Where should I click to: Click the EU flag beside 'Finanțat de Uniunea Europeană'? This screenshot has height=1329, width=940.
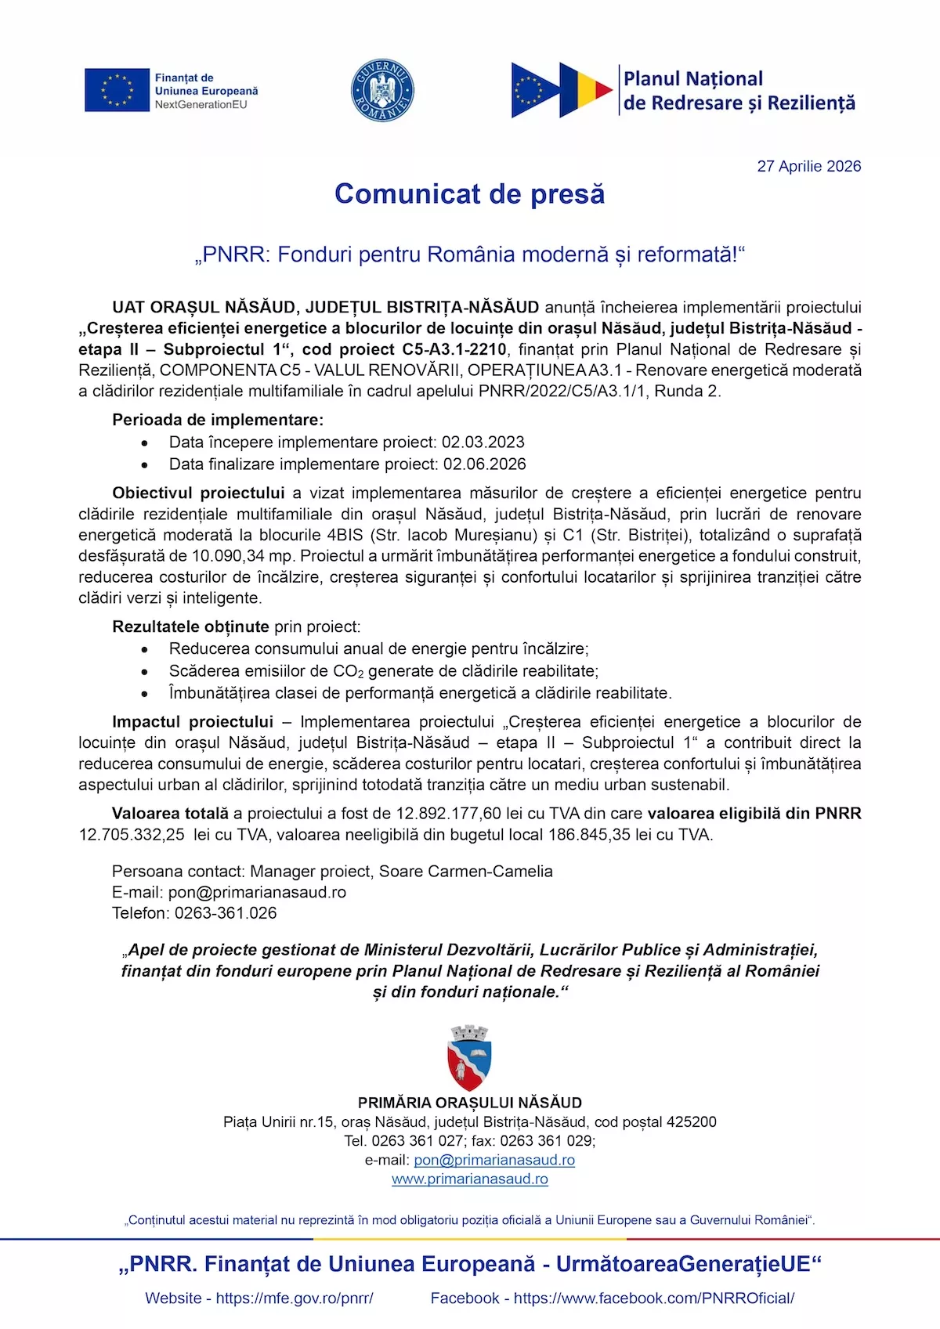pyautogui.click(x=117, y=90)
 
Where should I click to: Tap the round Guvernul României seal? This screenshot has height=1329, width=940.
pyautogui.click(x=382, y=90)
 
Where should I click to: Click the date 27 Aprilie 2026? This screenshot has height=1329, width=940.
pyautogui.click(x=808, y=166)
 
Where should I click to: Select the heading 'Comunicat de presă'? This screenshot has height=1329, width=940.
pyautogui.click(x=469, y=194)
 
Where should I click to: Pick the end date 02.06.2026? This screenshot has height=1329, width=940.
pyautogui.click(x=484, y=464)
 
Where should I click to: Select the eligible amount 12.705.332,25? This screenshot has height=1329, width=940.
pyautogui.click(x=132, y=835)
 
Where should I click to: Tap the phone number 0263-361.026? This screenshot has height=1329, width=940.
pyautogui.click(x=226, y=913)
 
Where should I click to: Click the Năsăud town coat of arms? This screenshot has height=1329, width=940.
pyautogui.click(x=469, y=1057)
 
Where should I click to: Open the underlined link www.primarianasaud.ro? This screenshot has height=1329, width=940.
pyautogui.click(x=469, y=1179)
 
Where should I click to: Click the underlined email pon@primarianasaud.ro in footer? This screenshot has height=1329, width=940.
pyautogui.click(x=494, y=1160)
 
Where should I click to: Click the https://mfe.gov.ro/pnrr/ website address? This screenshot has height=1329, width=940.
pyautogui.click(x=294, y=1298)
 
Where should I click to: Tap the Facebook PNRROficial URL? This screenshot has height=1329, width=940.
pyautogui.click(x=654, y=1298)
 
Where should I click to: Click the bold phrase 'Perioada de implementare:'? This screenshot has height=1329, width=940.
pyautogui.click(x=218, y=420)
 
